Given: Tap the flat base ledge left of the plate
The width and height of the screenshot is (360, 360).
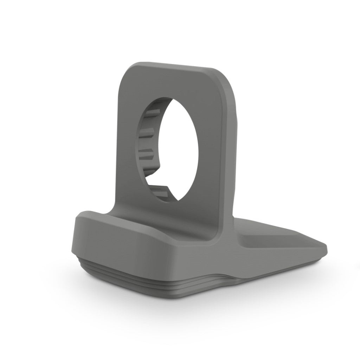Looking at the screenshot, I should [95, 216].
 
